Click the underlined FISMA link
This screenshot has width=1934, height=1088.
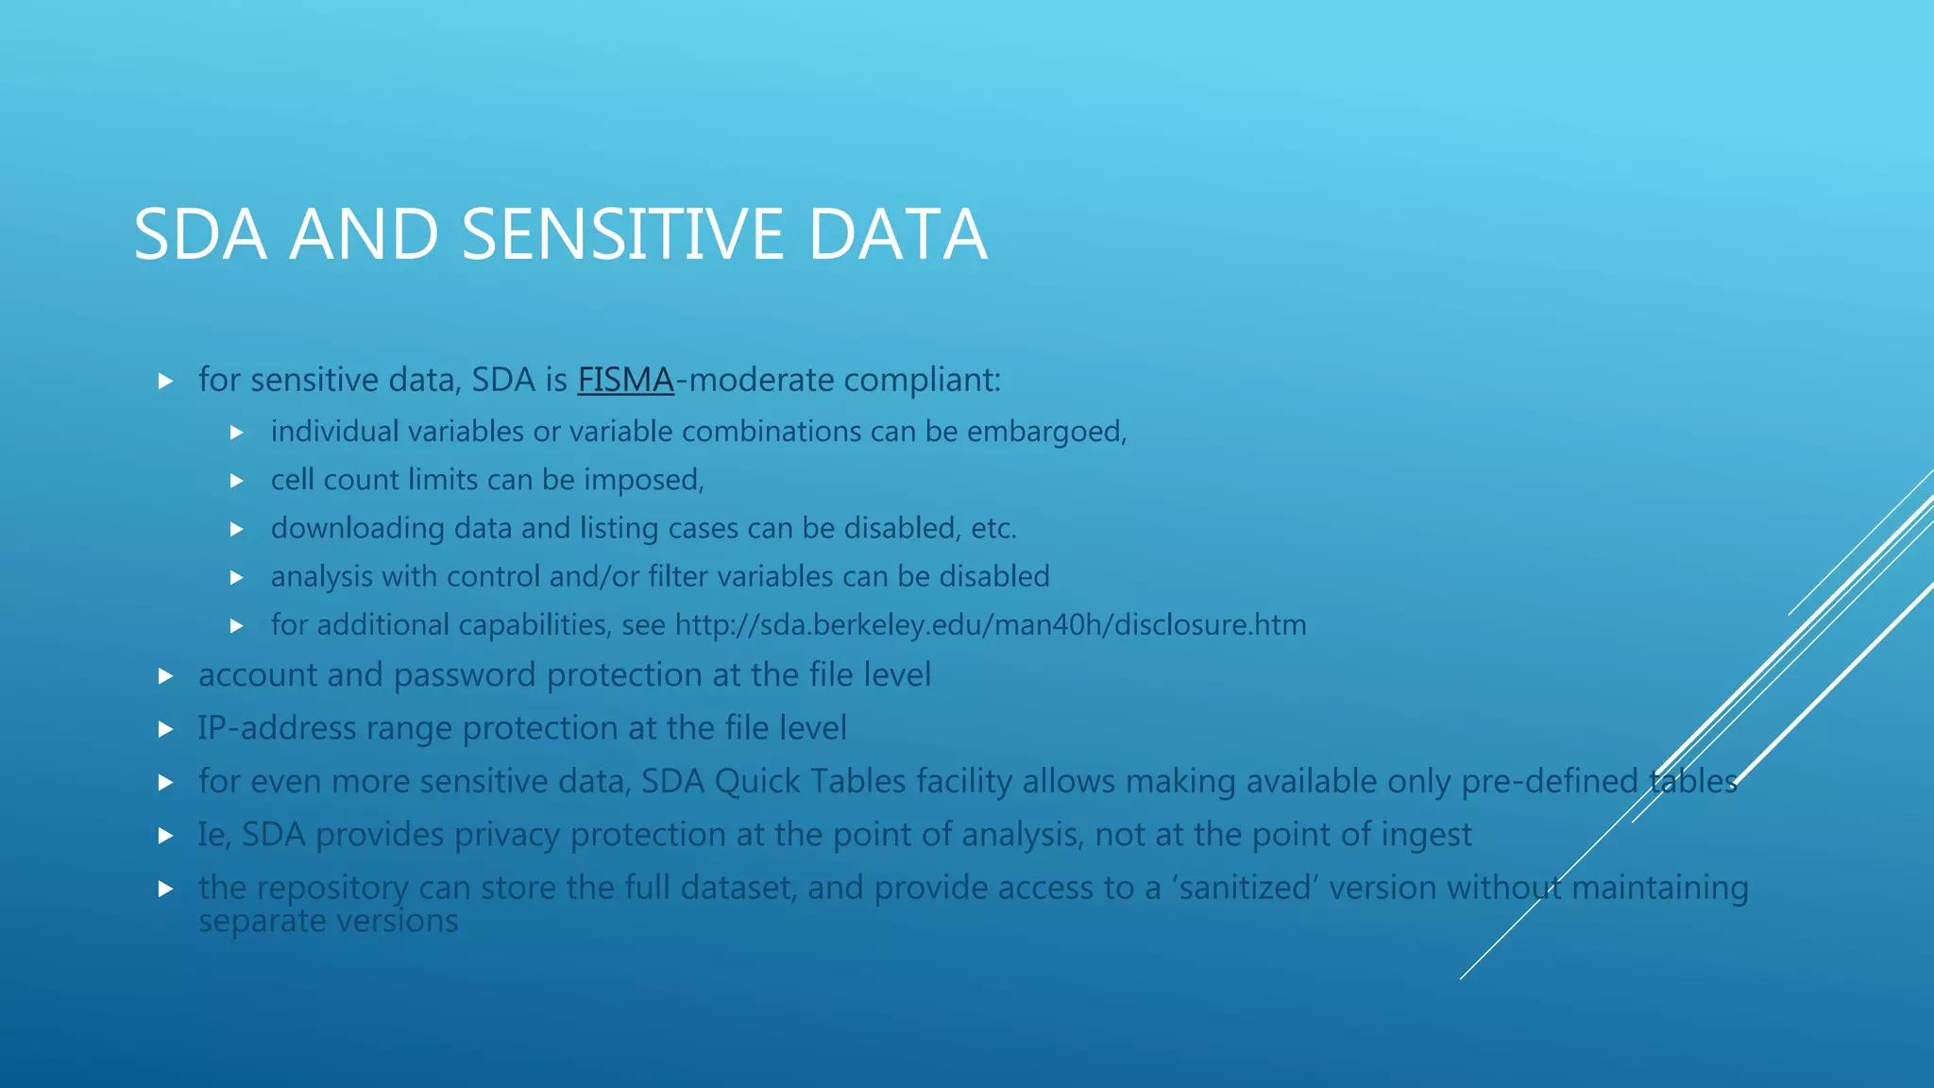(625, 380)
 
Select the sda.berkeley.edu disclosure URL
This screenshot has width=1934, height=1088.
(991, 625)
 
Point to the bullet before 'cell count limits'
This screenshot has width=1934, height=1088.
(237, 481)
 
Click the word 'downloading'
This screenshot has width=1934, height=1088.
(357, 528)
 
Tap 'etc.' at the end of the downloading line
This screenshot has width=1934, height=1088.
(993, 528)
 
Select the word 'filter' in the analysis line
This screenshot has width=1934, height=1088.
(678, 576)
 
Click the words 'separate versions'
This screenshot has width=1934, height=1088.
(328, 921)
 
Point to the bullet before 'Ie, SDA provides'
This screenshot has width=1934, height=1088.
(165, 836)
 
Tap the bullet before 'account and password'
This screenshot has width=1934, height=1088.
(165, 676)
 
